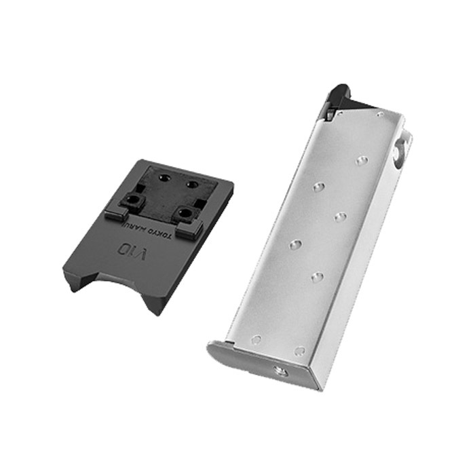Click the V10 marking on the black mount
coord(132,249)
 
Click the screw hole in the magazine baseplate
coord(280,370)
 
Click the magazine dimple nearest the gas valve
coord(362,161)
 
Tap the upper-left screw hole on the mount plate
coord(166,176)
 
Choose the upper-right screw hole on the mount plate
coord(191,184)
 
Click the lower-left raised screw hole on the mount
coord(132,199)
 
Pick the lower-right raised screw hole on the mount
coord(184,212)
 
